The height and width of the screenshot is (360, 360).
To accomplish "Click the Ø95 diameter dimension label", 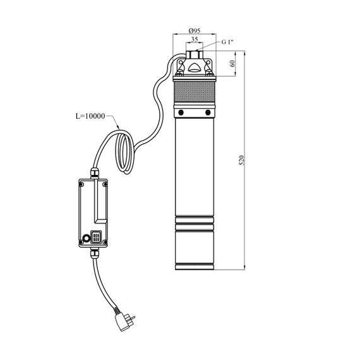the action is point(195,30).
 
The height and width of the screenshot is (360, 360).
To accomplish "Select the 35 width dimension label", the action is point(195,39).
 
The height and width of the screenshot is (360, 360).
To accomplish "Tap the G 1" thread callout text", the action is point(227,42).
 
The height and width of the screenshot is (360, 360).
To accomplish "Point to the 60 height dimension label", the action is point(232,63).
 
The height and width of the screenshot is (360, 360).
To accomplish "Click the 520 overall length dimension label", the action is point(242,160).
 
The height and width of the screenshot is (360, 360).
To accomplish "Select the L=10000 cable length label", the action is point(90,116).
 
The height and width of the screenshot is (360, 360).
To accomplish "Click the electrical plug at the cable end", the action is point(124,321).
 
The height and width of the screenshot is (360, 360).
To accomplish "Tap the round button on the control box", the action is point(87,238).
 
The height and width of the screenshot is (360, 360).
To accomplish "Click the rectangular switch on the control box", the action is point(96,237).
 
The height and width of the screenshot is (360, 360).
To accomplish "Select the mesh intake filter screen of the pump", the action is point(195,92).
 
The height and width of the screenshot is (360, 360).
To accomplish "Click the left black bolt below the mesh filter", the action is point(181,112).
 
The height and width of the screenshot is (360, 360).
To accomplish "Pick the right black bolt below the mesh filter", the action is point(208,112).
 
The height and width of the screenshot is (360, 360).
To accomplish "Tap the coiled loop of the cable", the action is point(124,153).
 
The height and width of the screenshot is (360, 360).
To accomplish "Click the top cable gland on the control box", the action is point(95,173).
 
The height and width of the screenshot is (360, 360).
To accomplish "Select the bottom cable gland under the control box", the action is point(95,253).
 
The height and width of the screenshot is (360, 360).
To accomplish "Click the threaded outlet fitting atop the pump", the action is point(195,54).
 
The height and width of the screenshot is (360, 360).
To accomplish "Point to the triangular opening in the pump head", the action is point(195,68).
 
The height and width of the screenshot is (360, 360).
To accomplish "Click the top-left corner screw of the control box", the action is point(81,184).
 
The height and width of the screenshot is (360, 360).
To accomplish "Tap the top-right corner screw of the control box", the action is point(105,184).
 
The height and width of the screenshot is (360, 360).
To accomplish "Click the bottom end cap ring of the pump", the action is point(195,267).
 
